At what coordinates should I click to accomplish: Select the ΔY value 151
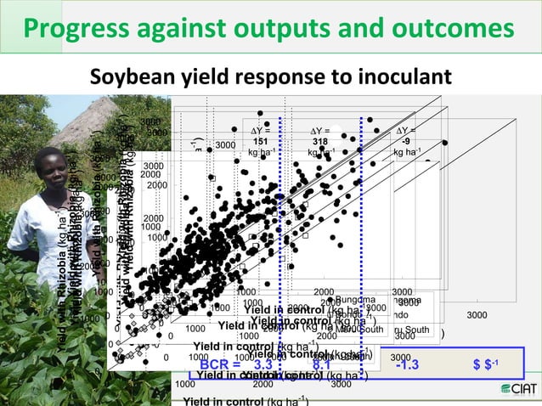click(262, 141)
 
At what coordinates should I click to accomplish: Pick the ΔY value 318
click(320, 141)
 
